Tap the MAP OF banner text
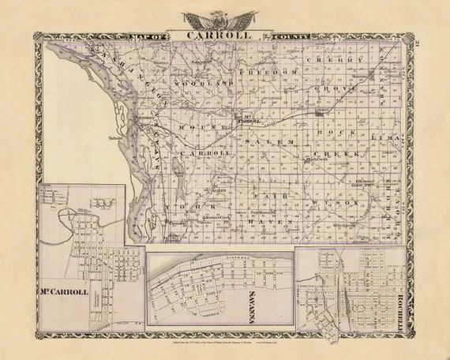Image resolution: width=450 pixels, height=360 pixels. tap(151, 36)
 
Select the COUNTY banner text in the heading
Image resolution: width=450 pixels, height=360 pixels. tap(291, 36)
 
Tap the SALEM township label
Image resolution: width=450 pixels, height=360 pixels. tap(272, 141)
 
